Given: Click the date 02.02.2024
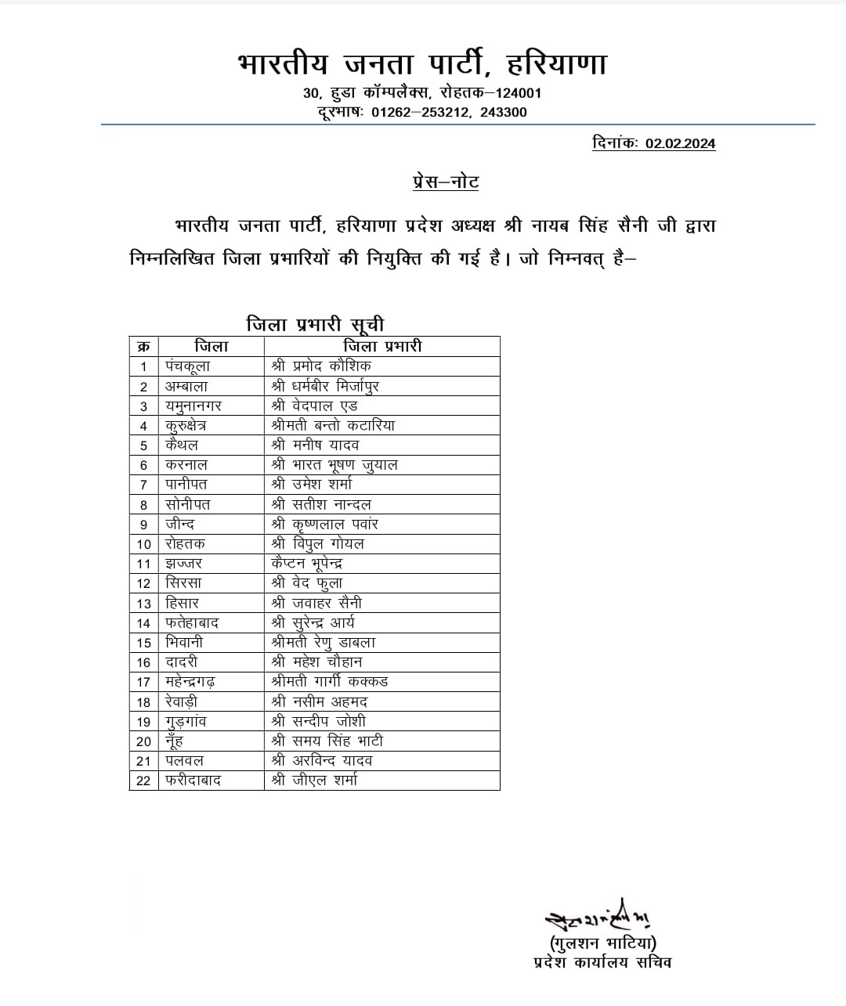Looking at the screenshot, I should pos(680,143).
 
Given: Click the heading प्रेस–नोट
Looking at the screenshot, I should pos(446,182).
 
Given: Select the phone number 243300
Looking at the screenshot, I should pos(504,112).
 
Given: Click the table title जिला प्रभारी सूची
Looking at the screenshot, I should pos(315,324).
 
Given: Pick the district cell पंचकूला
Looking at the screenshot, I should pos(188,366).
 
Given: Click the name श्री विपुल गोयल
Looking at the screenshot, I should pos(318,543).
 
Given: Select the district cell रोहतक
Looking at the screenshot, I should pos(185,543).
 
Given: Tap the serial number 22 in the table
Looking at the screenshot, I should pos(143,781).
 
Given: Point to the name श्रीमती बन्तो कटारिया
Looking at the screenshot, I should pos(333,425).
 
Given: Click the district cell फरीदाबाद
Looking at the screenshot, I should pos(193,781).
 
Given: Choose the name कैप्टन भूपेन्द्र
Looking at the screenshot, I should pos(307,563).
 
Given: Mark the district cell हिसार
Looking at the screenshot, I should pos(183,603).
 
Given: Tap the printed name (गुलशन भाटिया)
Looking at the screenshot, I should pos(603,943).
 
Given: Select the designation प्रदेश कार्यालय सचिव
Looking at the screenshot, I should pos(602,963).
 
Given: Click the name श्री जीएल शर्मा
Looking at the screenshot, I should pos(314,780).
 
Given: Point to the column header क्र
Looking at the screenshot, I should pos(144,346).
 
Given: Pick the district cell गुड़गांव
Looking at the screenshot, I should pos(186,721).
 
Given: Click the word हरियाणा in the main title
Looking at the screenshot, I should pos(556,64).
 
